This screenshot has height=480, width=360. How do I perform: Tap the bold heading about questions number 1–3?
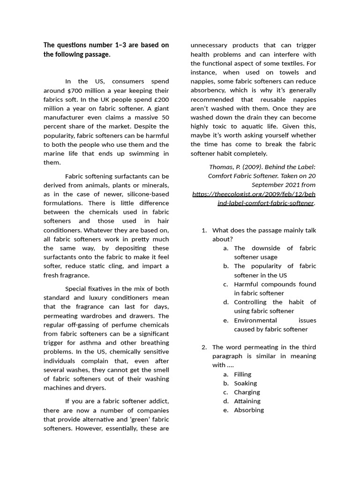(x=106, y=50)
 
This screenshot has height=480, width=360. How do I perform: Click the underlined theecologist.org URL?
(x=254, y=198)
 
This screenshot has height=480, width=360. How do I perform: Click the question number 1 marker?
(x=204, y=230)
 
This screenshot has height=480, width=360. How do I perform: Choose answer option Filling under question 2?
(x=243, y=374)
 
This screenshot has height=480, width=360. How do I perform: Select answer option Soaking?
(x=246, y=383)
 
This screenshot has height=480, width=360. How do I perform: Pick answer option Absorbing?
(x=249, y=410)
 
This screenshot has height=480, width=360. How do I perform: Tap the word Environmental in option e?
(x=255, y=320)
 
